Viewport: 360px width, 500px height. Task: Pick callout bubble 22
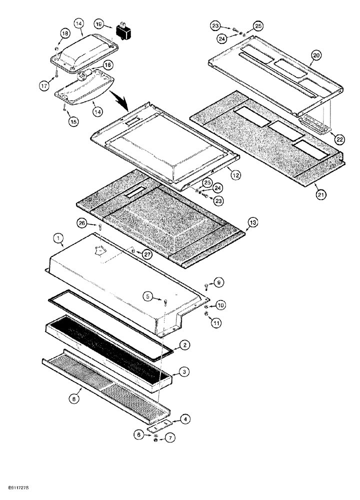[x=340, y=139]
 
